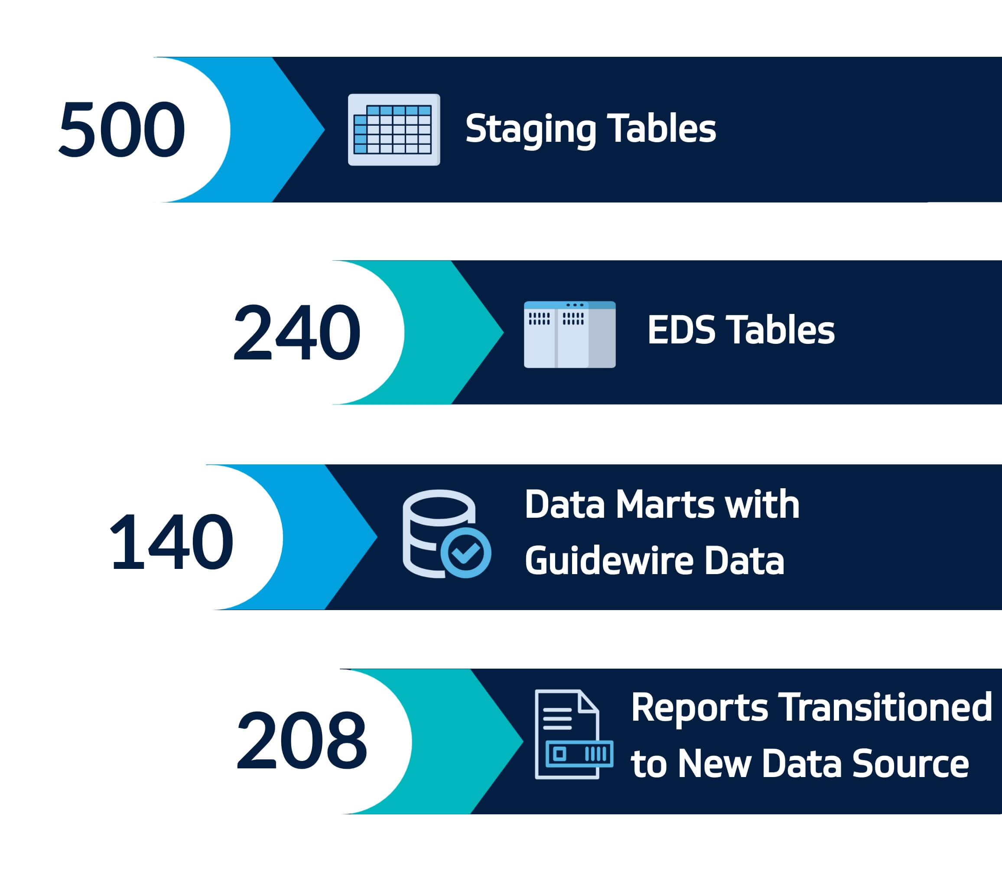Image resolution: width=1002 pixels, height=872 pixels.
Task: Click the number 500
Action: [122, 129]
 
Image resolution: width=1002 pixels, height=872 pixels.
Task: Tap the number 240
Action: [297, 332]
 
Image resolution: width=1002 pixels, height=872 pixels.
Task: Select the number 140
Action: [172, 542]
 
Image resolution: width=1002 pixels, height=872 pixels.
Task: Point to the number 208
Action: [302, 740]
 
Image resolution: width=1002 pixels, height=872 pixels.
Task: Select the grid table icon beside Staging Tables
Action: [394, 130]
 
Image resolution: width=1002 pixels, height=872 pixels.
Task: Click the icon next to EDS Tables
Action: [569, 335]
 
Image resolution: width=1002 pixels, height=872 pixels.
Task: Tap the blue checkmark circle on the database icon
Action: [465, 552]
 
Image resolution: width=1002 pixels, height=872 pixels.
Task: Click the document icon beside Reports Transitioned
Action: [574, 734]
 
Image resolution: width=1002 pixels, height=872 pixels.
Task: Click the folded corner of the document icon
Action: [588, 701]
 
